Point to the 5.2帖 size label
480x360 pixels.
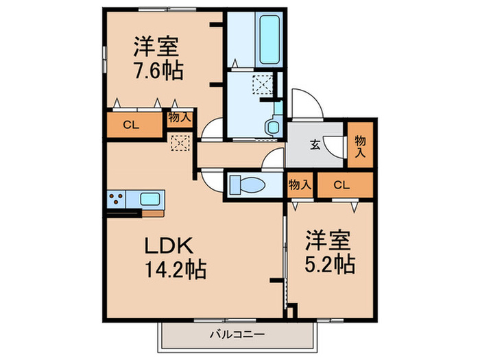point(329,264)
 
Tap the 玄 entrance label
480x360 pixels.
point(315,144)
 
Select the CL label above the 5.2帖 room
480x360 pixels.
point(342,184)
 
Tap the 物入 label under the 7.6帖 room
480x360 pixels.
point(179,117)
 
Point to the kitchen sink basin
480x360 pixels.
point(149,199)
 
